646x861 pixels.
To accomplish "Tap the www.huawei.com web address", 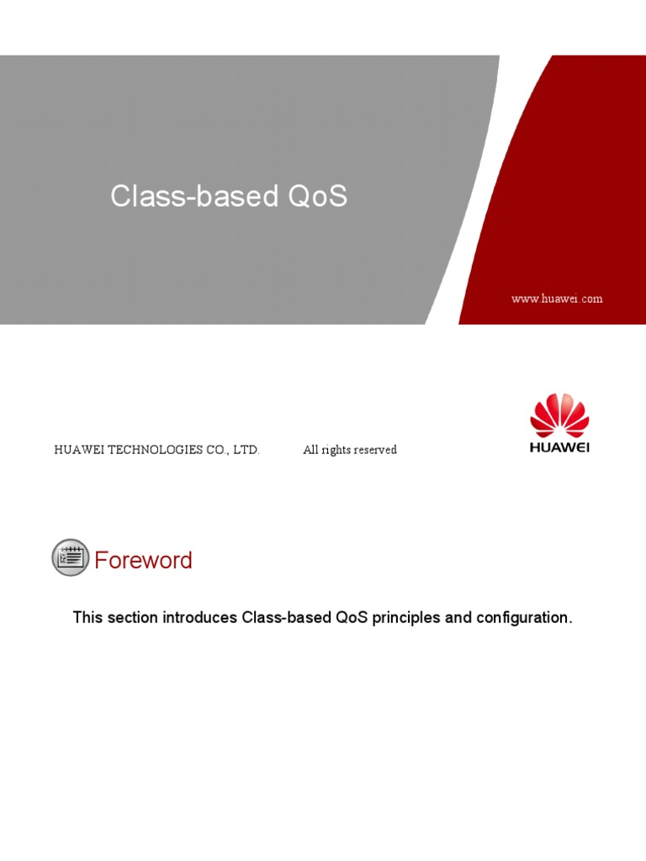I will click(557, 298).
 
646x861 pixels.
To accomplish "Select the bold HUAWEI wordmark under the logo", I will click(559, 447).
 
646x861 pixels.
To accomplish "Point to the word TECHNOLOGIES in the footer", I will click(151, 450).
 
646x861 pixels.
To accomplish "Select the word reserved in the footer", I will click(375, 450).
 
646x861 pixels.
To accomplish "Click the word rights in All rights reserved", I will click(336, 450).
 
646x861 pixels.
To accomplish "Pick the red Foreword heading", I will click(143, 560).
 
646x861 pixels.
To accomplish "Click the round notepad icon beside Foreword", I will click(70, 557).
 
